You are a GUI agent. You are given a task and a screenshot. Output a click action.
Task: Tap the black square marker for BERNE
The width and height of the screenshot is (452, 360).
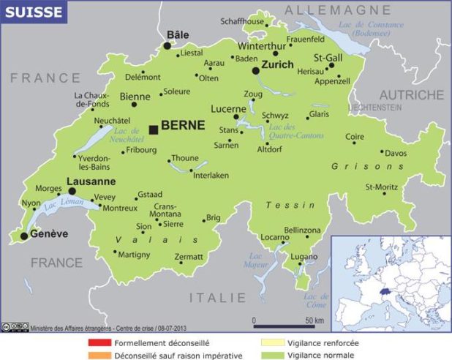[x=154, y=130]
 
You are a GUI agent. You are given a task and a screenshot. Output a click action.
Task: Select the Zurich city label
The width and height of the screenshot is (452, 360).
[x=277, y=64]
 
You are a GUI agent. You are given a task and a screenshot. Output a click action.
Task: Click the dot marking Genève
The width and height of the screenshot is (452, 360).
[x=25, y=236]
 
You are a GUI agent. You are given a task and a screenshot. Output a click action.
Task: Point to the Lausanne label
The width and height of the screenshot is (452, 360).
[x=91, y=181]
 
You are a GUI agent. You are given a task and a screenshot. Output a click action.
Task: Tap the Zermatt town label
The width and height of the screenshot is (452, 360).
[x=189, y=257]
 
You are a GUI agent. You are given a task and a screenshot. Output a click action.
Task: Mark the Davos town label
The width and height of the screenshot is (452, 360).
[x=396, y=153]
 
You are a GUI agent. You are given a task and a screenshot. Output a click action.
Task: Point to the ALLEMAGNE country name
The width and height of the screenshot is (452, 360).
[x=337, y=10]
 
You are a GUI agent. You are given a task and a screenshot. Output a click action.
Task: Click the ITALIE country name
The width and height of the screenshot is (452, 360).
[x=218, y=298]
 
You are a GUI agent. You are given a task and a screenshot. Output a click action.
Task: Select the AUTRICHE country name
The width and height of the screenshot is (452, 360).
[x=410, y=95]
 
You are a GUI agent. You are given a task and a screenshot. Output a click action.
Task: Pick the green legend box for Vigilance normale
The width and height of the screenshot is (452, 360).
[x=266, y=355]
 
